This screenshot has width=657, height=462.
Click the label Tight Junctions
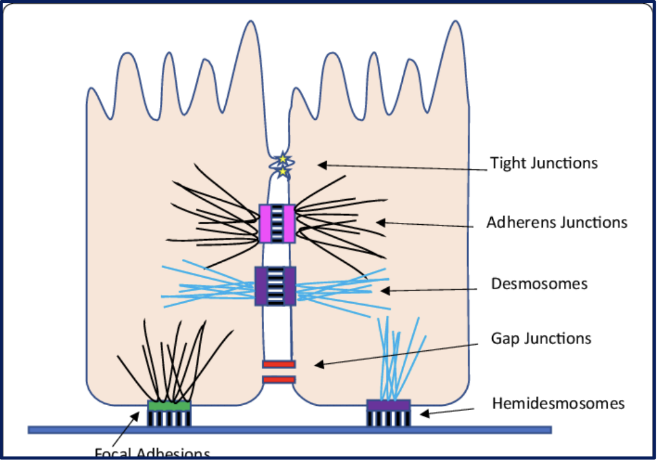coord(543,164)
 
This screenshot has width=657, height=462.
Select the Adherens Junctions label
coord(556,222)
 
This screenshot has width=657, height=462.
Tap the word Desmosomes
coord(539,284)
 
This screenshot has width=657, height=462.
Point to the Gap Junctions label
coord(541,339)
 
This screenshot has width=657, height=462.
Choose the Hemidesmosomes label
coord(558,403)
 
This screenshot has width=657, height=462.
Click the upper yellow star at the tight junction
coord(282,160)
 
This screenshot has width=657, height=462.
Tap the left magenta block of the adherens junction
coord(265,223)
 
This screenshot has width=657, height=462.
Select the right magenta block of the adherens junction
coord(289,223)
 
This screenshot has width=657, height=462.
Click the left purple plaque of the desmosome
coord(262,286)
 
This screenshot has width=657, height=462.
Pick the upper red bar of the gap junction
coord(279,364)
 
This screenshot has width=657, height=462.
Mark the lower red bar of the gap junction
coord(279,379)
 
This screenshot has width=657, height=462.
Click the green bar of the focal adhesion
coord(169,406)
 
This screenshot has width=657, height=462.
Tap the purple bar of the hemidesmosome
coord(388,405)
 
